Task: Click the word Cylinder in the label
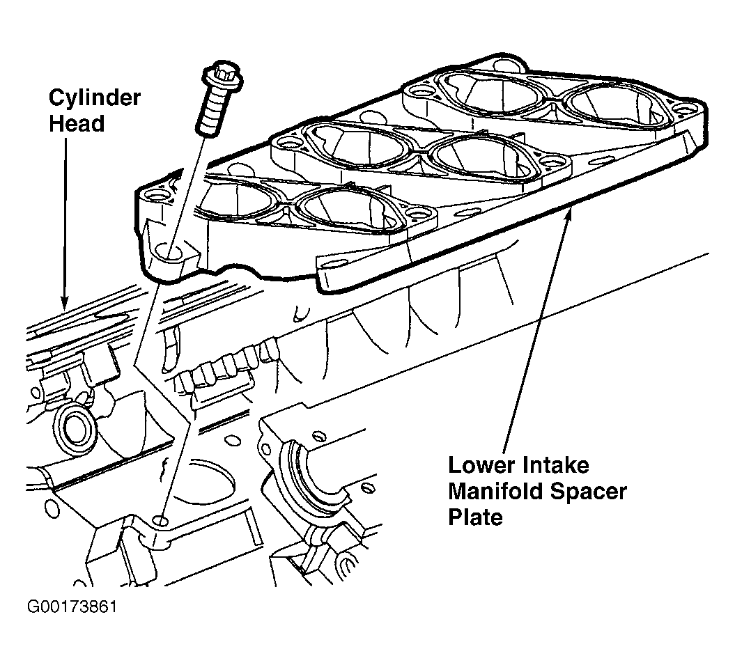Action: coord(95,98)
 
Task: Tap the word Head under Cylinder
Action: coord(77,124)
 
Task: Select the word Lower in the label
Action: coord(481,465)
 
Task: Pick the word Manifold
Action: coord(495,492)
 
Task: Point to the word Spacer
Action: coord(588,492)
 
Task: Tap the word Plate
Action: coord(475,517)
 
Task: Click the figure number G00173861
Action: coord(72,607)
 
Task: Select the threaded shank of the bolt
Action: coord(214,113)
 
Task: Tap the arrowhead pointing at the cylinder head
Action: coord(64,300)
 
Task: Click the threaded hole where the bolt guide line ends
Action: coord(161,521)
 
